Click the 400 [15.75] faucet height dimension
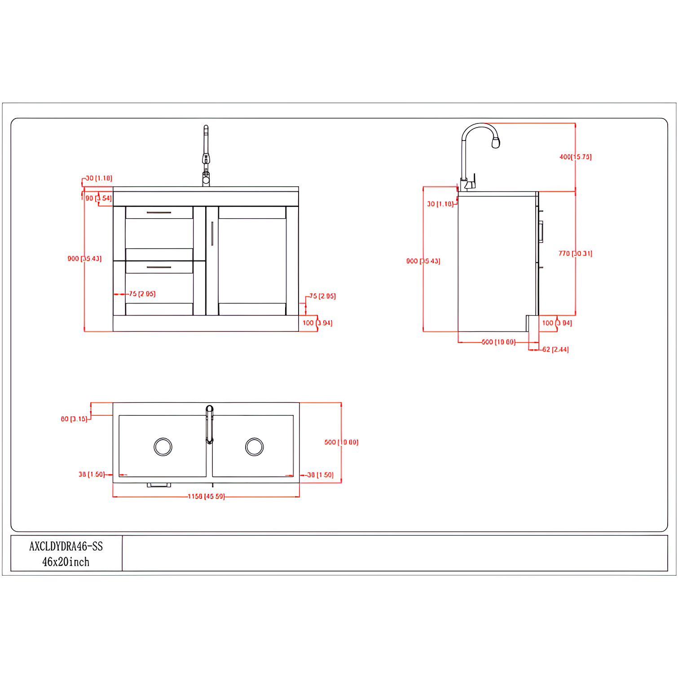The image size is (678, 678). coord(575,157)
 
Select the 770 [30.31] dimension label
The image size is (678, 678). coord(575,253)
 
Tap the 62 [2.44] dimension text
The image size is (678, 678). coord(555,349)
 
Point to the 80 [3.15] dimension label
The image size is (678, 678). coord(74,419)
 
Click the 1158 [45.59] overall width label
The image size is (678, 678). coord(206,496)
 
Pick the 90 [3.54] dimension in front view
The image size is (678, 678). coord(98,198)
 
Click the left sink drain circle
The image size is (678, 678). coord(163,447)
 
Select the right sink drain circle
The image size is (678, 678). coord(255,447)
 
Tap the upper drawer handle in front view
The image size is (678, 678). coord(159,212)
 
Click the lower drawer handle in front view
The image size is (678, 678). coord(159,267)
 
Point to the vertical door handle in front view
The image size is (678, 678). coord(212,233)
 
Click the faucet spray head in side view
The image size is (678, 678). coord(496,143)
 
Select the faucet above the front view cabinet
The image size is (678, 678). coord(206,157)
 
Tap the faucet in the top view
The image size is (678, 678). coord(209,424)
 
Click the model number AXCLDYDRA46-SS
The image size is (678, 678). coord(66,546)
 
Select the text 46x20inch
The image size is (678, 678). coord(66,562)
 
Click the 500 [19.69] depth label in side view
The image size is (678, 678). coord(498,342)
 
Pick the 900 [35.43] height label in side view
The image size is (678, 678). coord(423,261)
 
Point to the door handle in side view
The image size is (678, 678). coord(541,231)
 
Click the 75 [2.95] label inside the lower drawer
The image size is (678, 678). coord(142,294)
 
